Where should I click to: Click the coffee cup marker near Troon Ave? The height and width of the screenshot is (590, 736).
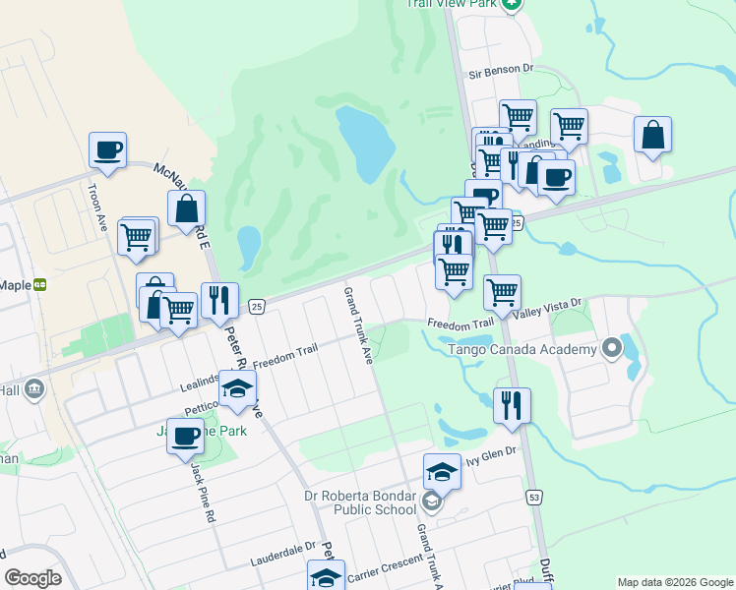107,150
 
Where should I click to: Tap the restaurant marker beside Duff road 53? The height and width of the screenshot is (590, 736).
512,404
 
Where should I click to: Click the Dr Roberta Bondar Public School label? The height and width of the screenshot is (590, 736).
372,502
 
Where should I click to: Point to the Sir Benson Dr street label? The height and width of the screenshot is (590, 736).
500,72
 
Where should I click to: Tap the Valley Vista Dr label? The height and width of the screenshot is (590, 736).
553,306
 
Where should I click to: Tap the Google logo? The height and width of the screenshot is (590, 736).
33,577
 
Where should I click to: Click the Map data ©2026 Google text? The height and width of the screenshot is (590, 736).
675,582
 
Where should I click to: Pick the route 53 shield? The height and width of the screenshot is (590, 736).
534,499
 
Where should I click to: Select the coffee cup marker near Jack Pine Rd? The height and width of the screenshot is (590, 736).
184,436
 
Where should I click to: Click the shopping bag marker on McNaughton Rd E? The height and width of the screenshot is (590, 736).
186,207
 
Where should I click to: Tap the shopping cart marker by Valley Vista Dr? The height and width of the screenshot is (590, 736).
502,292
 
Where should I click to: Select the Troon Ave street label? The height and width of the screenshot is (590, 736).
96,206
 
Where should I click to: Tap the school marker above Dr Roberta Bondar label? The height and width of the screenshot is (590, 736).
443,472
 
